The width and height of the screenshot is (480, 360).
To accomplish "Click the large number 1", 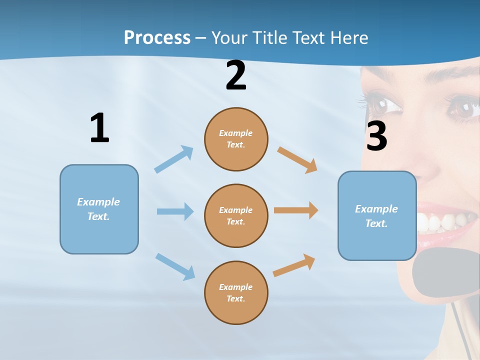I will tap(99, 128).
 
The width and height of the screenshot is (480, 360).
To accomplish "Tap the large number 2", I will tap(236, 76).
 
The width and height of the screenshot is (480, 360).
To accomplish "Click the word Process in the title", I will tap(157, 37).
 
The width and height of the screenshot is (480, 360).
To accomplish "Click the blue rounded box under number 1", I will tap(99, 209).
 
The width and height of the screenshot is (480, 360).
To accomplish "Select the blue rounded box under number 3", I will tap(377, 216).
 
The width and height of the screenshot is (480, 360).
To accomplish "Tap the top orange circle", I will tap(236, 139).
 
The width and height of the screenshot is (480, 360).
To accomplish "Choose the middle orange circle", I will tap(236, 215).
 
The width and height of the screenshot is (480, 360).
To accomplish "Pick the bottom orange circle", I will tap(236, 292).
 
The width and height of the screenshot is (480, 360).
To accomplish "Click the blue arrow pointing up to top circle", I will tap(174, 159).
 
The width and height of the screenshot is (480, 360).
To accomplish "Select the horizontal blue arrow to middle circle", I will tap(175, 211).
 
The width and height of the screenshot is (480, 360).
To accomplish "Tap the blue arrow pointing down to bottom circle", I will tap(175, 266).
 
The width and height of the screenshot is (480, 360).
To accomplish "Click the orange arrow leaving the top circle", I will tap(297, 159).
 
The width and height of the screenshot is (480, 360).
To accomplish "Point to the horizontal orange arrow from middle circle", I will tap(296, 210).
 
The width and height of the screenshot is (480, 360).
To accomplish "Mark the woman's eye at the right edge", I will tap(466, 106).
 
